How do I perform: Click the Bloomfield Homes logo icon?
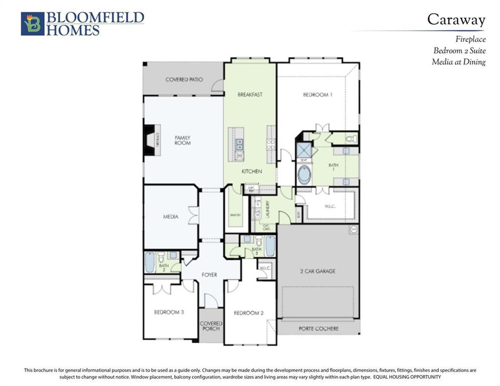(33, 24)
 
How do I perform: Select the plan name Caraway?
(456, 20)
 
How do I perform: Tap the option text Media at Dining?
(458, 62)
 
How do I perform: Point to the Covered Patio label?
(184, 80)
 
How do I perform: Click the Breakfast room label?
(250, 94)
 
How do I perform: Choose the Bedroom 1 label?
(317, 95)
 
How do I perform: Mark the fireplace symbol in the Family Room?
(149, 140)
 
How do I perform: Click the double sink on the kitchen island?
(239, 143)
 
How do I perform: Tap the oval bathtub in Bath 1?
(304, 175)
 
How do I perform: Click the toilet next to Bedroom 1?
(349, 139)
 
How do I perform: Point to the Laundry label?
(268, 209)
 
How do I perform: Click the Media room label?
(170, 217)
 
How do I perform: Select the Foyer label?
(209, 275)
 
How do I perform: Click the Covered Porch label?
(211, 326)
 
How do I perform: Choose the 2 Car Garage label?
(317, 271)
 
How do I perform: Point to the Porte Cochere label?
(318, 328)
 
